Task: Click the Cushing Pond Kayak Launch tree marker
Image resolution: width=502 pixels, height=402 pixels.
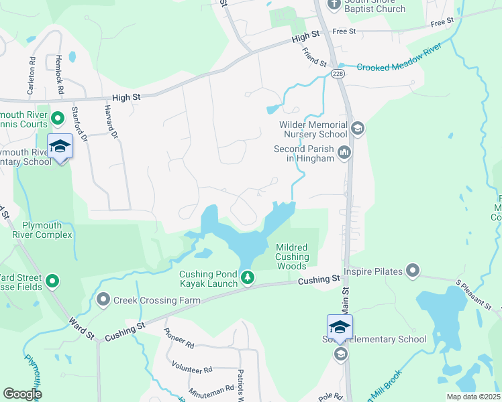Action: point(248,277)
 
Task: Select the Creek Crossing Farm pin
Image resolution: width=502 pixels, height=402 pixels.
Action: point(103,300)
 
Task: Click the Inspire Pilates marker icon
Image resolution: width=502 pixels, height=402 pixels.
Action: point(413,271)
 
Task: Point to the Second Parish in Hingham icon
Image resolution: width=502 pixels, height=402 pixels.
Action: point(345,153)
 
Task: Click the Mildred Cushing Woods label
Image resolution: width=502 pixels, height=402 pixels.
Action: point(292,257)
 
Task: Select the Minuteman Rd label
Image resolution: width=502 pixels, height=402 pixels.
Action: point(211,387)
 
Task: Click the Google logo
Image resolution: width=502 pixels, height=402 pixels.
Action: point(22,393)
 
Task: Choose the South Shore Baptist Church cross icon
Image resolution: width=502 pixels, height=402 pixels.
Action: point(334,4)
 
